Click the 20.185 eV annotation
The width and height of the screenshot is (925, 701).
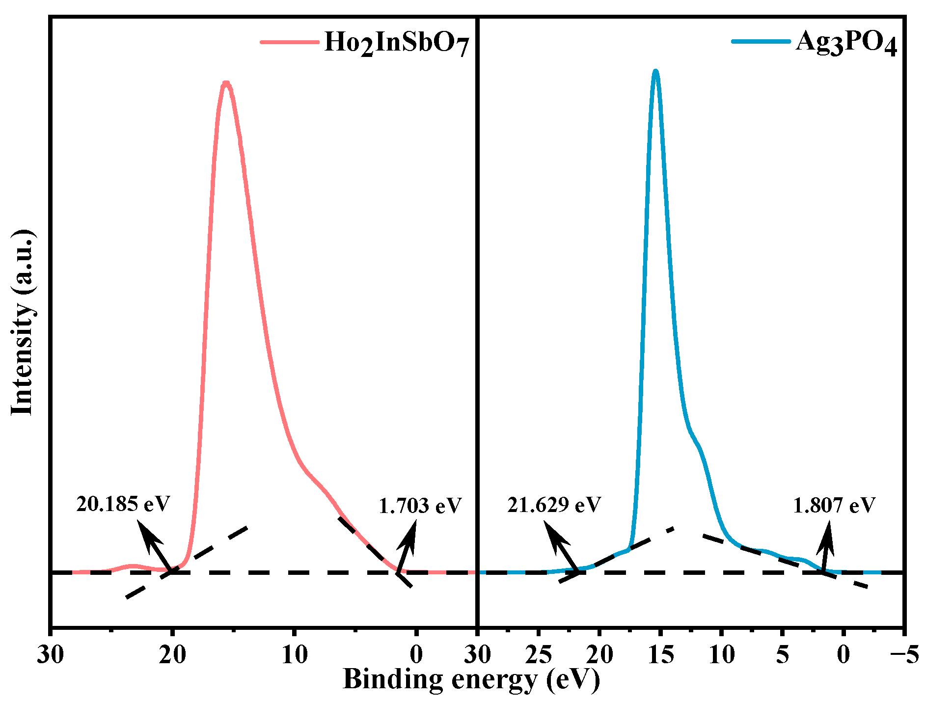pyautogui.click(x=123, y=504)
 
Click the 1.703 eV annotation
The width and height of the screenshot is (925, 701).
pyautogui.click(x=420, y=506)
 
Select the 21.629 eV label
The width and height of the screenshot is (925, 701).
pyautogui.click(x=554, y=505)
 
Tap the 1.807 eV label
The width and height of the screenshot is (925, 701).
pyautogui.click(x=834, y=505)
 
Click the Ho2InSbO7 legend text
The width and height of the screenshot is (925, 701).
pyautogui.click(x=397, y=43)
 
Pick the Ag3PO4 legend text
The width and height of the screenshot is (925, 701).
pyautogui.click(x=846, y=42)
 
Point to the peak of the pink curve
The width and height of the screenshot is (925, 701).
pyautogui.click(x=226, y=83)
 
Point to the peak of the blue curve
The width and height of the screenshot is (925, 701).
pyautogui.click(x=655, y=72)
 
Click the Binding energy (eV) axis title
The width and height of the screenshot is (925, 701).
pyautogui.click(x=471, y=679)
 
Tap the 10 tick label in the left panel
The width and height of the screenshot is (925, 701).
pyautogui.click(x=295, y=654)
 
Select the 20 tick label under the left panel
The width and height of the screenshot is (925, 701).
pyautogui.click(x=172, y=654)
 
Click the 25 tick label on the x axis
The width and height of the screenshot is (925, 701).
pyautogui.click(x=539, y=654)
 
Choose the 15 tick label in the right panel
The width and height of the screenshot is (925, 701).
pyautogui.click(x=661, y=654)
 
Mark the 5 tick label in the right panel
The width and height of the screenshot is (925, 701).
pyautogui.click(x=782, y=654)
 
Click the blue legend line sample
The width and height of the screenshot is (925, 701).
pyautogui.click(x=761, y=42)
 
